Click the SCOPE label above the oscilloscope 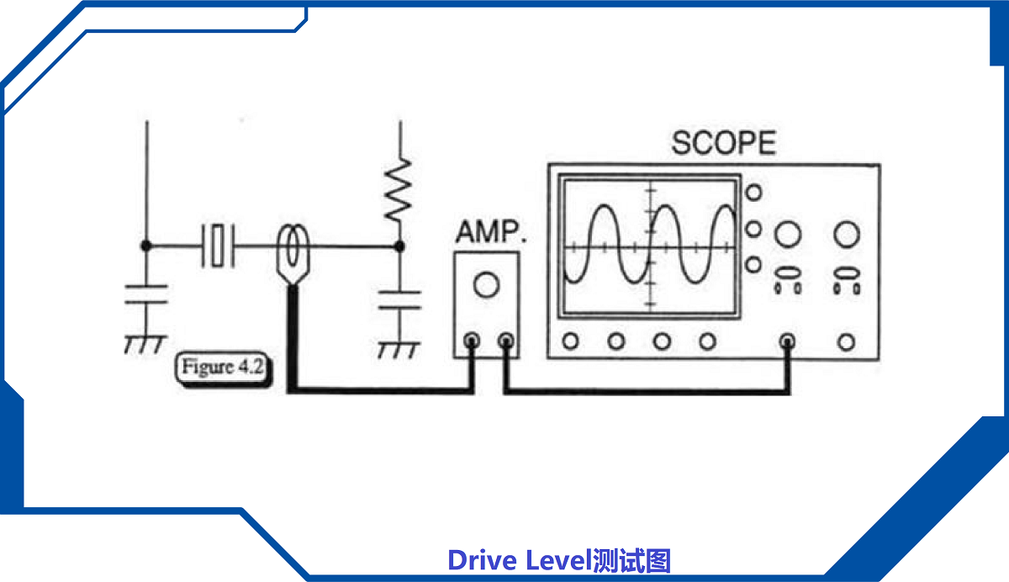[723, 143]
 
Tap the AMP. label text [490, 231]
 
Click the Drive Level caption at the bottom [559, 560]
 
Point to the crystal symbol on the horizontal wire [219, 245]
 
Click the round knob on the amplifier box [486, 285]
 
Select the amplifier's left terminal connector [472, 341]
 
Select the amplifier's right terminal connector [505, 341]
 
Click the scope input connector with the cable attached [788, 341]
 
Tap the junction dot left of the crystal [146, 245]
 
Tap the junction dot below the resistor [399, 246]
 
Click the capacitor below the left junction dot [146, 295]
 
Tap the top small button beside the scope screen [754, 193]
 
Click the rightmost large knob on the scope [847, 234]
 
